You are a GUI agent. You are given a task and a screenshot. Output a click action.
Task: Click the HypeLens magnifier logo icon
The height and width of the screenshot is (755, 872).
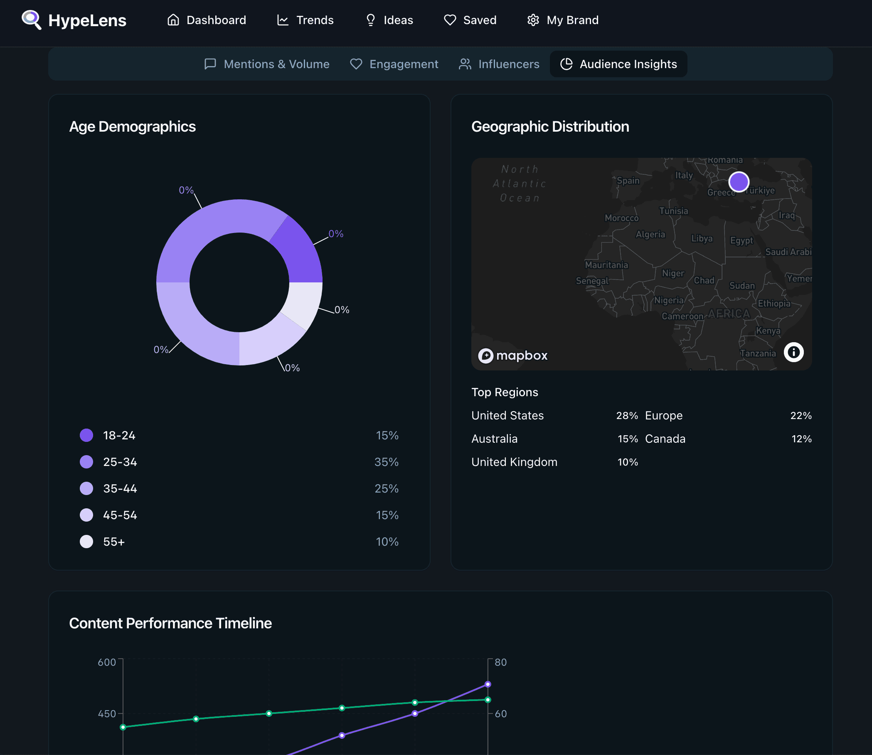(32, 20)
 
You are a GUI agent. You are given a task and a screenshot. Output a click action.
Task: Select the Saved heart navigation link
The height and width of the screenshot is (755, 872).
(470, 20)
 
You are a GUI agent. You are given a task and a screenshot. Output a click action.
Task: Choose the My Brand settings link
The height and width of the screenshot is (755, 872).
(562, 20)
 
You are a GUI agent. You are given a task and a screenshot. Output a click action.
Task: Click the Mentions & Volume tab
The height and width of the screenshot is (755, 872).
(266, 64)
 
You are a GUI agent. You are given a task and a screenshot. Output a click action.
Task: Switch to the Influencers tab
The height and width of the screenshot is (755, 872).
(499, 64)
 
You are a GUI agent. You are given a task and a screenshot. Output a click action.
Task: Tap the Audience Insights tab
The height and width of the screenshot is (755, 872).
(618, 64)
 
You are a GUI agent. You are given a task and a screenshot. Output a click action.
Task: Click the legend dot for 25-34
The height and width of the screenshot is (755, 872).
(86, 462)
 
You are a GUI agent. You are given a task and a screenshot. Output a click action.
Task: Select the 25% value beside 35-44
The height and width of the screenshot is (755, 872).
(387, 488)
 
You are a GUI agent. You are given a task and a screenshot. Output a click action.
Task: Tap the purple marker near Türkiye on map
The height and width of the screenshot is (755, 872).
(739, 182)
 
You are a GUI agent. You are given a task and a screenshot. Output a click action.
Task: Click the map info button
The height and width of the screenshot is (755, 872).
(793, 352)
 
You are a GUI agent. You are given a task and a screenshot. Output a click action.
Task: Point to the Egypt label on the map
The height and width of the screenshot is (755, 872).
(741, 240)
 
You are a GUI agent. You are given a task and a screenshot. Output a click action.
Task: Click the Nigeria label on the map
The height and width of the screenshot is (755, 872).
(669, 300)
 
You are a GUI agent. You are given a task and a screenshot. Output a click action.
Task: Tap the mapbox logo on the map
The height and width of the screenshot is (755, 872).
(513, 355)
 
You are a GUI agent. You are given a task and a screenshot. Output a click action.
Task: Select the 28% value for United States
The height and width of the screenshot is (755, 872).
(627, 415)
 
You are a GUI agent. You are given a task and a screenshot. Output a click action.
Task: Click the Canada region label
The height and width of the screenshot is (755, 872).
(665, 439)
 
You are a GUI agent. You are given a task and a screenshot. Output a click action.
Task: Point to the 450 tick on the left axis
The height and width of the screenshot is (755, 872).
(107, 714)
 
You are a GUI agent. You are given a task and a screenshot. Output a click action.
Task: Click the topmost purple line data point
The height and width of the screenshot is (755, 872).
(488, 684)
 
